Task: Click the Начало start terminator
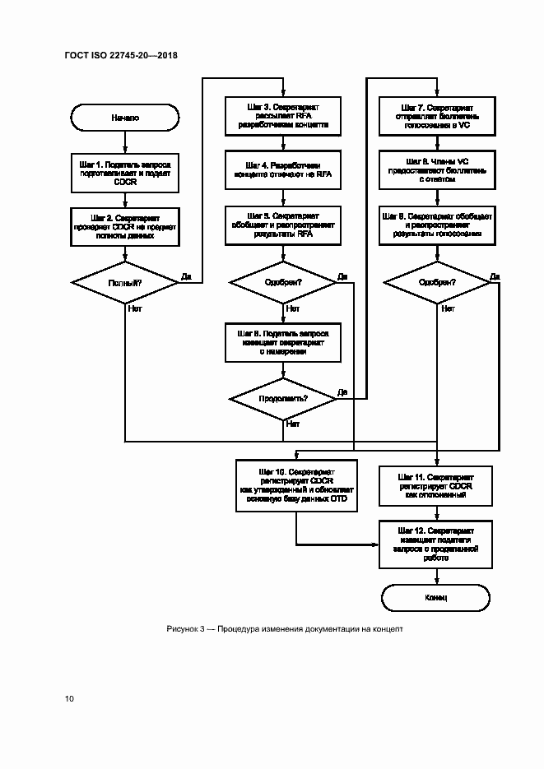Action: tap(125, 118)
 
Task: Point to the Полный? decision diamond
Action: tap(125, 282)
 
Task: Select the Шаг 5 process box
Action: tap(283, 225)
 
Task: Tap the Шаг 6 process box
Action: tap(283, 341)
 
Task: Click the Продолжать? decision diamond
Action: tap(283, 398)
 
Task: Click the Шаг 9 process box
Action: tap(436, 225)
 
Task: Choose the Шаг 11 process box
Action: tap(436, 486)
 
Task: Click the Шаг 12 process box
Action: tap(436, 544)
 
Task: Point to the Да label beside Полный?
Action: tap(185, 276)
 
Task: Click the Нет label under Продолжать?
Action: tap(293, 424)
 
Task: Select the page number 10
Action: tap(69, 699)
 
